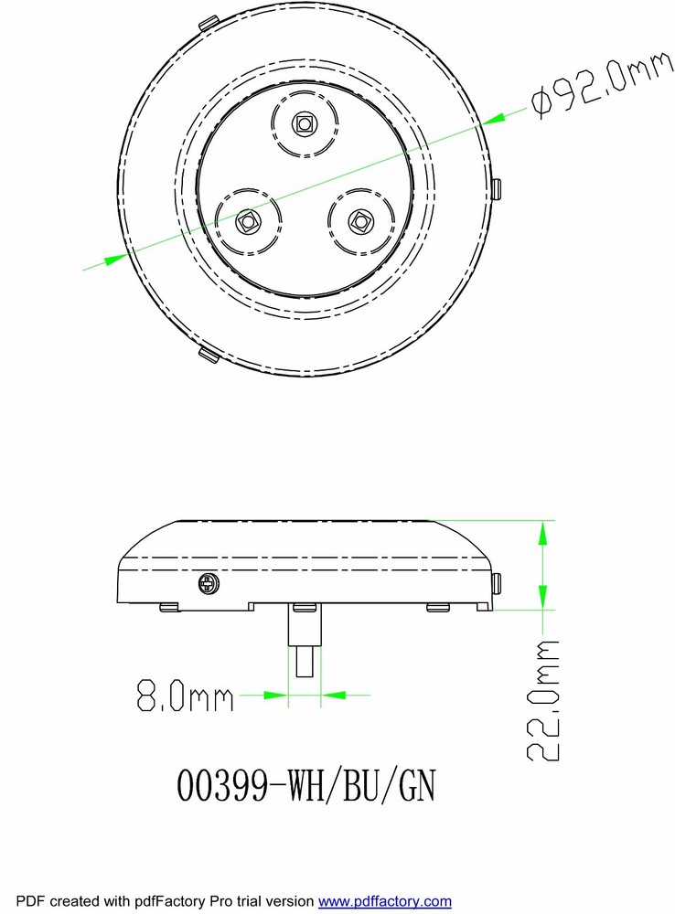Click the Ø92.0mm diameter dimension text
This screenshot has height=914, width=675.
(x=602, y=83)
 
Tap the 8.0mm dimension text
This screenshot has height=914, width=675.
(x=185, y=695)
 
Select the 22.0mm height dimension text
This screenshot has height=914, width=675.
(x=543, y=700)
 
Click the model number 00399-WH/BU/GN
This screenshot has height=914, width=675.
(x=305, y=785)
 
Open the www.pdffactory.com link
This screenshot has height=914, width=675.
(x=384, y=901)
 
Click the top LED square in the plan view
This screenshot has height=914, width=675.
(x=304, y=123)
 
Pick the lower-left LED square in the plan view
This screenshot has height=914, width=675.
(x=247, y=221)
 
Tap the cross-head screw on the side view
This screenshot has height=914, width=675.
(x=209, y=583)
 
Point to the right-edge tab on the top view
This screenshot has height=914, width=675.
(x=496, y=189)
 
